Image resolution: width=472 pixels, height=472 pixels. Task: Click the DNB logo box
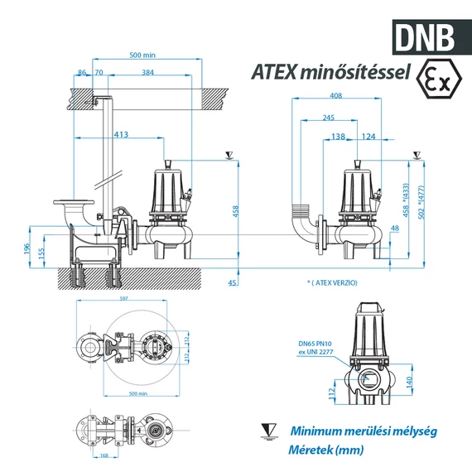pyautogui.click(x=425, y=36)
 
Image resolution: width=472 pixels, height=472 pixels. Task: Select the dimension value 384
pyautogui.click(x=147, y=74)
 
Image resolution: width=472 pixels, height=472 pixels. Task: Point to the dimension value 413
pyautogui.click(x=121, y=134)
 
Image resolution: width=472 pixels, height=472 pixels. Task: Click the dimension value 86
pyautogui.click(x=81, y=74)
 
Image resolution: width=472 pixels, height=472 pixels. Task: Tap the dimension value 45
pyautogui.click(x=233, y=283)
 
